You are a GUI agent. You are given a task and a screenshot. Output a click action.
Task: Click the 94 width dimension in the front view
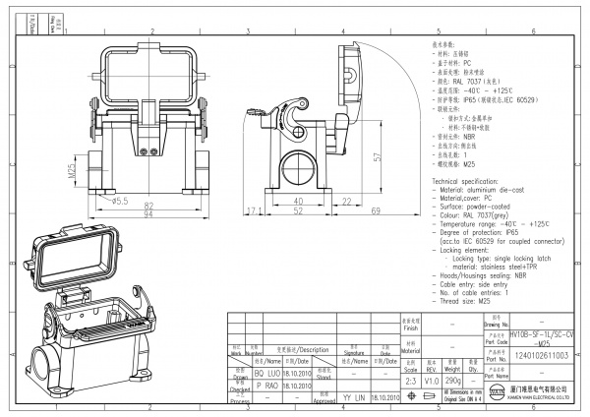(x=150, y=214)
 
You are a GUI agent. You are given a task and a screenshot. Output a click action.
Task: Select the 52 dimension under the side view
(x=297, y=211)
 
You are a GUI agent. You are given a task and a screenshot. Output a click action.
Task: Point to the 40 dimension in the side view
(x=296, y=201)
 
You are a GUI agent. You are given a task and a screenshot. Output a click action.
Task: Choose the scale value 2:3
(x=410, y=381)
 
